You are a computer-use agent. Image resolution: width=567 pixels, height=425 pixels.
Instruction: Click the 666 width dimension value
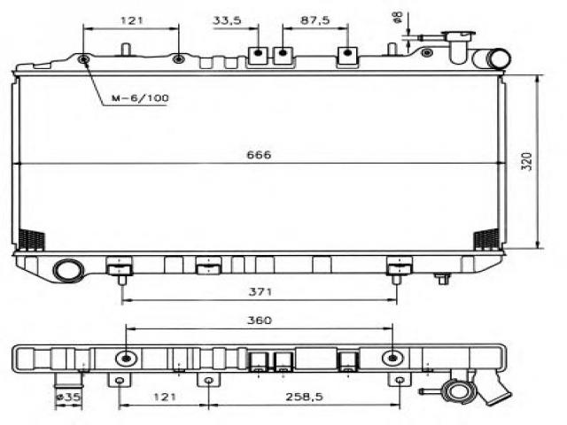coord(259,155)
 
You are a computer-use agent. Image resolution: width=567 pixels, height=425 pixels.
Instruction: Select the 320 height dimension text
coord(527,161)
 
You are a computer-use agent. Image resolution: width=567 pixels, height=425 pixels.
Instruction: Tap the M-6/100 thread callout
coord(140,98)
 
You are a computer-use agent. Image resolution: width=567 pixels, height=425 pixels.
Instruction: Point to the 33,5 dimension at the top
coord(227,20)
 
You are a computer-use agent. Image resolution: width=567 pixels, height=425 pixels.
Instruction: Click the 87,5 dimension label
coord(315,20)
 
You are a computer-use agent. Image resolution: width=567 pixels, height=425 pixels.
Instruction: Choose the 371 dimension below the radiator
coord(260,291)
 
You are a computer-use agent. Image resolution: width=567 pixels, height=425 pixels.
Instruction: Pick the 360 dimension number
coord(259,321)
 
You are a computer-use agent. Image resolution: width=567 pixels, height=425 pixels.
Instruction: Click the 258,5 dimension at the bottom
coord(304,397)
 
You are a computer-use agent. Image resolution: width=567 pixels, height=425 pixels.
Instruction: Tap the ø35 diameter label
coord(68,397)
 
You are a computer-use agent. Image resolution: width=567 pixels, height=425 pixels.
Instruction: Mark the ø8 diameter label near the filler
coord(398,17)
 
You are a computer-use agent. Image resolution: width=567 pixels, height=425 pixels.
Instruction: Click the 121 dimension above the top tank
coord(132,20)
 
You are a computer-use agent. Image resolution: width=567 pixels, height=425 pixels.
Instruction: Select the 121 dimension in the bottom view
coord(165,397)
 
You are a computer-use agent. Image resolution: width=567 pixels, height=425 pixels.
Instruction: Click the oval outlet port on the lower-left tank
coord(68,270)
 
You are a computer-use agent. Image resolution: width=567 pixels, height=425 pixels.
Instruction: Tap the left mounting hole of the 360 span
coord(126,359)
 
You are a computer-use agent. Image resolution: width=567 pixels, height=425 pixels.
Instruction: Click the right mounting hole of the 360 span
coord(393,359)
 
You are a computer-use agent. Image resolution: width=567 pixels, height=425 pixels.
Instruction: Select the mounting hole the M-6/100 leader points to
coord(84,59)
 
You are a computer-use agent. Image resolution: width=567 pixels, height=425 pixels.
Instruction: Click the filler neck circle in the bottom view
coord(459,391)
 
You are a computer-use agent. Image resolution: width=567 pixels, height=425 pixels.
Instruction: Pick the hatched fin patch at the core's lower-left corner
coord(32,239)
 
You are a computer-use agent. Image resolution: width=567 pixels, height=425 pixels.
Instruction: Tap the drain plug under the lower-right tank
coord(443,278)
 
